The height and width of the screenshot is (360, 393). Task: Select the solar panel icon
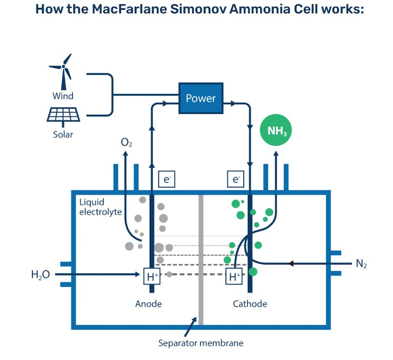click(x=64, y=114)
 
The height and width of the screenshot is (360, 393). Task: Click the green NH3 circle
click(x=277, y=131)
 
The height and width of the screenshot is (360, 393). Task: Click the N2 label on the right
click(x=361, y=264)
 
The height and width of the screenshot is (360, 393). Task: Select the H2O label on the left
click(x=40, y=274)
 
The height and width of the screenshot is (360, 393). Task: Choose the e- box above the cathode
click(x=235, y=180)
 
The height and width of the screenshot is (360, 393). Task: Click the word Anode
click(x=148, y=304)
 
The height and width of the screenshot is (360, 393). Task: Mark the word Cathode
click(x=250, y=304)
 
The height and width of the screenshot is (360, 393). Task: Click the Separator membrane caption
click(x=201, y=343)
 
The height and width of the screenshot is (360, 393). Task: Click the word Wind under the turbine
click(x=63, y=96)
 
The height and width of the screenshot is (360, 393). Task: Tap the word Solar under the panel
click(x=63, y=134)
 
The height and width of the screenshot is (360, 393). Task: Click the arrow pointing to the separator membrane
click(x=192, y=325)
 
